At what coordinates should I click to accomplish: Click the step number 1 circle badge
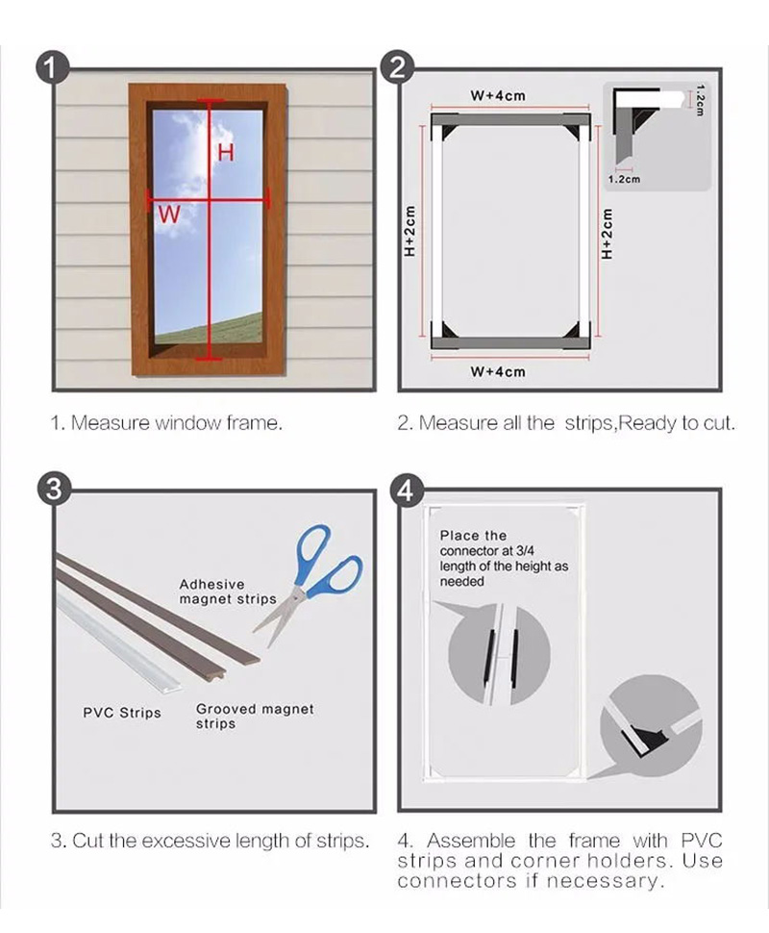(x=53, y=69)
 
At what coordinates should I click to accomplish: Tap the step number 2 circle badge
(x=397, y=67)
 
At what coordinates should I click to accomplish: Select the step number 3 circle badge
(x=54, y=489)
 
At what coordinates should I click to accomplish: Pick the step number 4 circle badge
(x=406, y=491)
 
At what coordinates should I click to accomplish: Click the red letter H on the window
(x=225, y=153)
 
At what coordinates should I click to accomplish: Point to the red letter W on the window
(x=169, y=214)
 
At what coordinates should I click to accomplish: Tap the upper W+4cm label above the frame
(x=498, y=95)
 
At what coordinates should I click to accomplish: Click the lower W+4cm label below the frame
(x=498, y=372)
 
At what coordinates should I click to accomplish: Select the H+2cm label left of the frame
(x=409, y=231)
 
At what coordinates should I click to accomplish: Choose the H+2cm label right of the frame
(x=607, y=233)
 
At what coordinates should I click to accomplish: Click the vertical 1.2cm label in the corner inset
(x=700, y=101)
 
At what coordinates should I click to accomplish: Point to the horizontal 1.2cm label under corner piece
(x=624, y=179)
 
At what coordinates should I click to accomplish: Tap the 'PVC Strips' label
(x=122, y=713)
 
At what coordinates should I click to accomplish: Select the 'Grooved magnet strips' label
(x=255, y=717)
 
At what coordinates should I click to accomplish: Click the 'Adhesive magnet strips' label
(x=228, y=592)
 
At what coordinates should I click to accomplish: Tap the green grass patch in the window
(x=223, y=329)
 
